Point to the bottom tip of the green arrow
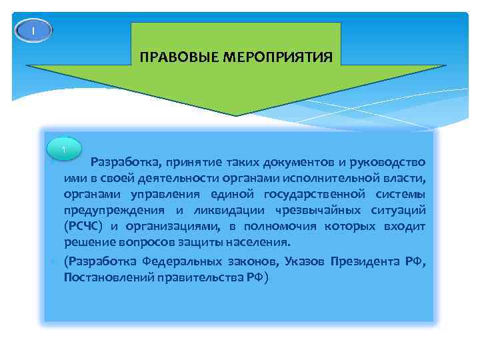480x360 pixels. pos(236,115)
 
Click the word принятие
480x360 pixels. pos(182,163)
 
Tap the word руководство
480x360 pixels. pos(386,163)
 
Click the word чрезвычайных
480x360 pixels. pos(329,211)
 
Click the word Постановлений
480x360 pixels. pos(109,277)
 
